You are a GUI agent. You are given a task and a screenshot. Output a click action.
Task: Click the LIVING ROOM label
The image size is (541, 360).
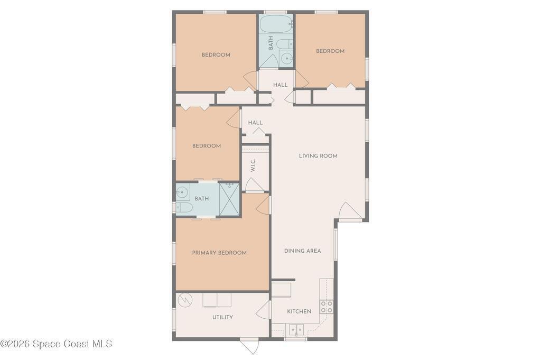[318, 156]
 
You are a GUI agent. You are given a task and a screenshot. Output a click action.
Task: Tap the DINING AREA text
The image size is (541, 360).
[303, 251]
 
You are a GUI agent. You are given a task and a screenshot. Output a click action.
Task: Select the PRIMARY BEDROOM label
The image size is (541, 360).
[219, 253]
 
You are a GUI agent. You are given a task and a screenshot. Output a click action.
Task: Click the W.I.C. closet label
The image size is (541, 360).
[253, 165]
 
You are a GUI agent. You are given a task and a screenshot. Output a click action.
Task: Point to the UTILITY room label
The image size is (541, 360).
[222, 317]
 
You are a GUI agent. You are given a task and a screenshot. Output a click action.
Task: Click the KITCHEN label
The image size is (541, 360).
[299, 311]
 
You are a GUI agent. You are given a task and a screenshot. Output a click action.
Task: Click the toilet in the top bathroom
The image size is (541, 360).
[285, 44]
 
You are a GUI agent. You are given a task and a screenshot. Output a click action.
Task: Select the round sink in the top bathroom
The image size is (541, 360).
[287, 59]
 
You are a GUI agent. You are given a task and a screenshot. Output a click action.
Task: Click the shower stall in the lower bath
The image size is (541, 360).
[229, 199]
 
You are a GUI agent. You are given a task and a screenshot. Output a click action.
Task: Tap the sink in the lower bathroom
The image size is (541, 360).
[182, 192]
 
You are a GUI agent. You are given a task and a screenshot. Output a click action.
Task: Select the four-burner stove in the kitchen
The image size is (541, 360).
[327, 307]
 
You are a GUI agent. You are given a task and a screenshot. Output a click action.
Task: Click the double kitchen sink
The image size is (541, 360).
[296, 330]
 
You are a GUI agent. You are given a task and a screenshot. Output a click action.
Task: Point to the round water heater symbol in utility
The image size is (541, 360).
[184, 300]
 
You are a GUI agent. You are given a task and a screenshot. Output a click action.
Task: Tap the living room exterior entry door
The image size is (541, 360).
[350, 211]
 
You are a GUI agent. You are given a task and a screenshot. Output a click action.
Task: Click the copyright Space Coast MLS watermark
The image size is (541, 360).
[56, 344]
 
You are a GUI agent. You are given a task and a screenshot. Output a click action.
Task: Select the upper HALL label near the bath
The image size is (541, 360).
[280, 85]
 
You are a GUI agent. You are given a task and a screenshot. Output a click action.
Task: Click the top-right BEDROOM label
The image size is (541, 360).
[330, 51]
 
